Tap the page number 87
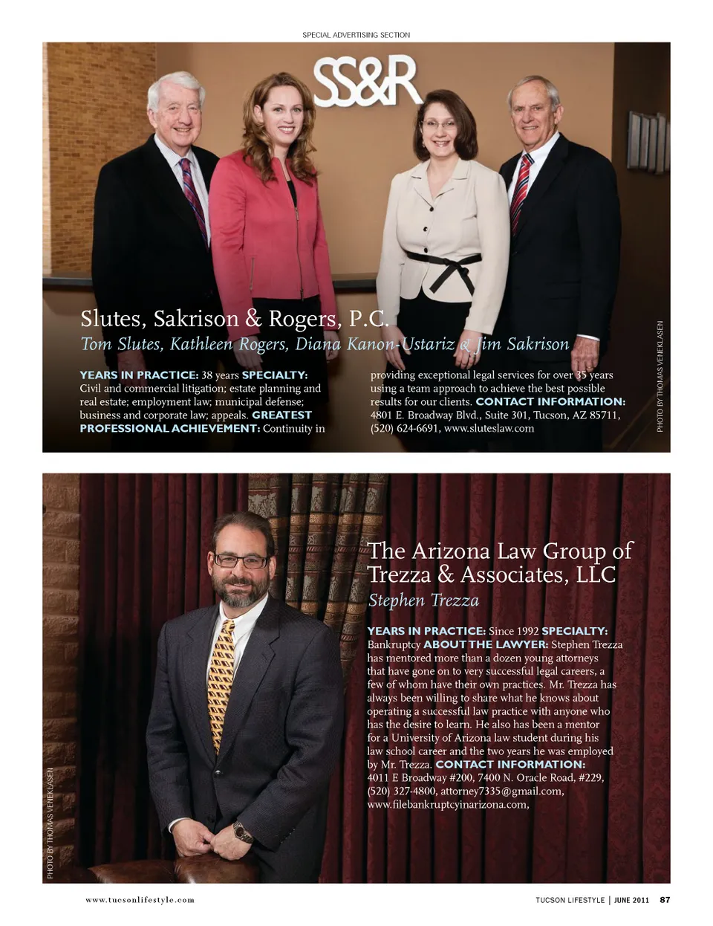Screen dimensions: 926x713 665,900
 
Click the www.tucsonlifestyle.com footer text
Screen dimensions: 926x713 140,900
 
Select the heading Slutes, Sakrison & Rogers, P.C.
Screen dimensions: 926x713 234,319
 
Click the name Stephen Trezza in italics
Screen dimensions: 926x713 423,600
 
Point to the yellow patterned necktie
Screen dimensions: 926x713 221,684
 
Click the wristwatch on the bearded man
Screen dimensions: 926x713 242,831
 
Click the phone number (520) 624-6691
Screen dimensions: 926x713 404,428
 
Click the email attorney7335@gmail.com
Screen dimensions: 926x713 502,791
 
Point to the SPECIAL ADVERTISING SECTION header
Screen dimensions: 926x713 356,35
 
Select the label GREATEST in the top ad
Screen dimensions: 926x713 281,415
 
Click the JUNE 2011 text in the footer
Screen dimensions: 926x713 631,900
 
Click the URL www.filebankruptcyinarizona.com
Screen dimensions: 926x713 447,805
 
